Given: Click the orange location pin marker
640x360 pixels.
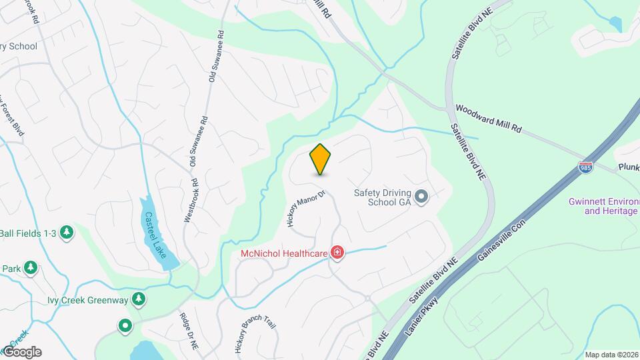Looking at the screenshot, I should coord(321,159).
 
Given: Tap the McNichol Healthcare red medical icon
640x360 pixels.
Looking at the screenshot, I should coord(337,253).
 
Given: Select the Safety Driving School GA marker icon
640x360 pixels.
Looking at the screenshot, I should coord(421,197).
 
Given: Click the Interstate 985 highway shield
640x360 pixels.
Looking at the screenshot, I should coord(585,166).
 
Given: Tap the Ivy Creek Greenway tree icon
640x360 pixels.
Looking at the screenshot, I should coord(139,299).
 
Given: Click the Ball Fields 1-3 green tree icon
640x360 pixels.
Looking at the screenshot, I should coord(66,233).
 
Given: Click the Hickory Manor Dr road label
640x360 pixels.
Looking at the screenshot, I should coord(305,209).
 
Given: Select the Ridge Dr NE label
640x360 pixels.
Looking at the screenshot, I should coord(189,331).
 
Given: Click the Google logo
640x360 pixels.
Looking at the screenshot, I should coord(21,351).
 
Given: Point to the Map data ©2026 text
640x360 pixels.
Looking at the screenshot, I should coord(611,355).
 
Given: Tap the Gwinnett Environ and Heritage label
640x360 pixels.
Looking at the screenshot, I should coord(603,206).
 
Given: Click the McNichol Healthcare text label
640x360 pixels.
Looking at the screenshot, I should coord(285,253).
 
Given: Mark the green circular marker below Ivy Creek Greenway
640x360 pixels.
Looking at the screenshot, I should coord(125,327).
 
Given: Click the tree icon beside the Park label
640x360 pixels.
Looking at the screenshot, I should coord(30,268).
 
